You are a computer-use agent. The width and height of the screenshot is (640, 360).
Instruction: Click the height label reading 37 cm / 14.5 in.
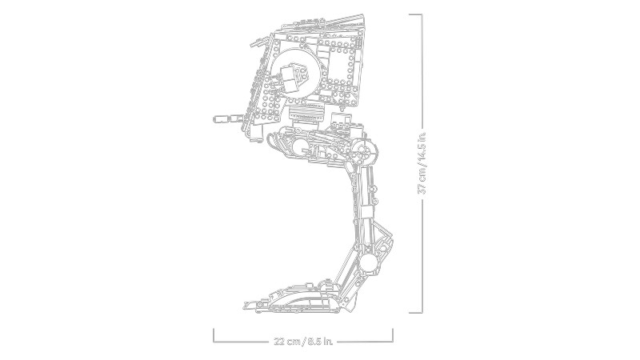click(x=422, y=162)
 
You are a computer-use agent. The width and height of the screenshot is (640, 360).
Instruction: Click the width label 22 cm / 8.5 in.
click(x=303, y=342)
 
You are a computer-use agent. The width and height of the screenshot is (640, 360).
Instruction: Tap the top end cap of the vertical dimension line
click(x=415, y=14)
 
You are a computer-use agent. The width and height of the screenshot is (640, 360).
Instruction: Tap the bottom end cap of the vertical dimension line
click(x=415, y=313)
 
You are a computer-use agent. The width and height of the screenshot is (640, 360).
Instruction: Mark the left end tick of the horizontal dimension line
click(x=214, y=335)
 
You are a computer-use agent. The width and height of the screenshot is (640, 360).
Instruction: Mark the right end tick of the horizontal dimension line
click(x=393, y=335)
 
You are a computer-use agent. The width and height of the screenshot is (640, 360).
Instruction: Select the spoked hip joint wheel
click(x=363, y=150)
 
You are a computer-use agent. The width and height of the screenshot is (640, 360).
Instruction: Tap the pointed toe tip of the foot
click(x=246, y=305)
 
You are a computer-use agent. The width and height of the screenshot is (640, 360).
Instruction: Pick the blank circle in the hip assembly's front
click(x=300, y=145)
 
